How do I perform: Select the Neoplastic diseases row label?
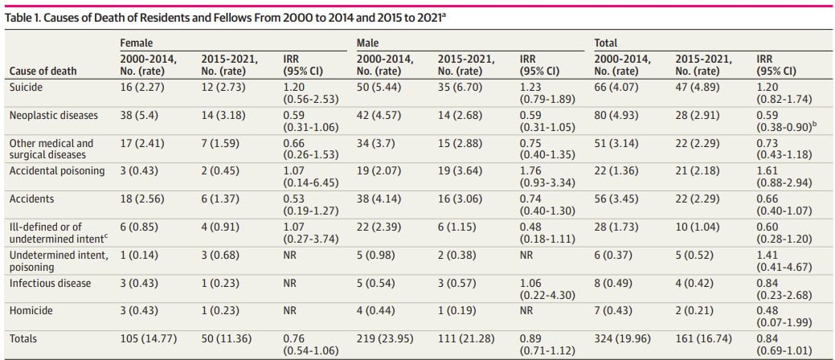(x=53, y=115)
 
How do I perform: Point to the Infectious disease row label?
(x=50, y=284)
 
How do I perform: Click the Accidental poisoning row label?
(x=56, y=171)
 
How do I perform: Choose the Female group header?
(x=136, y=43)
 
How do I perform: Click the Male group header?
(x=368, y=43)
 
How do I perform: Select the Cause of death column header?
(x=43, y=71)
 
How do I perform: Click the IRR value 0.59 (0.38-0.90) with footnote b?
(x=784, y=121)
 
